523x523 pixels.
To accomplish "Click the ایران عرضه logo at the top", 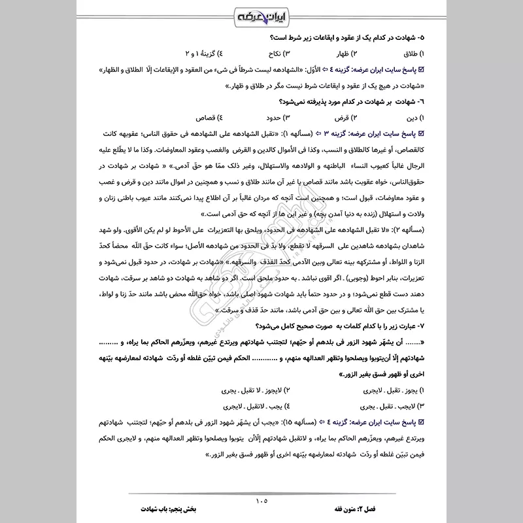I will [261, 15].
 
